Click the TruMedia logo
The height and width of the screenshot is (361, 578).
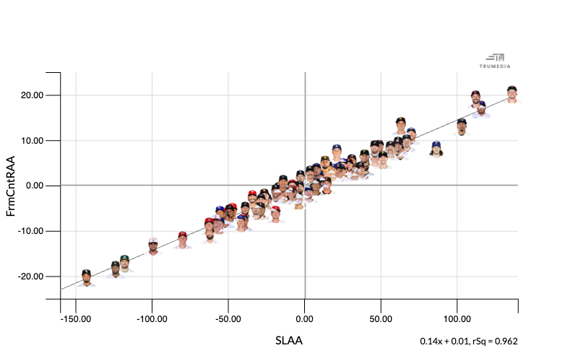[x=495, y=60]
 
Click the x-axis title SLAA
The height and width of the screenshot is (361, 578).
[x=289, y=341]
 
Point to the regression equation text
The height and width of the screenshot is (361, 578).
[x=469, y=342]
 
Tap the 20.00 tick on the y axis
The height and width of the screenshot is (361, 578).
[x=33, y=95]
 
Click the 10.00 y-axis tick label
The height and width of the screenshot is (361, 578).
[x=33, y=141]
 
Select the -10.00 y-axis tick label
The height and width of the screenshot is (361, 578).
[x=32, y=231]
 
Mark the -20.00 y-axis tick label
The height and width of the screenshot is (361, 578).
[x=32, y=277]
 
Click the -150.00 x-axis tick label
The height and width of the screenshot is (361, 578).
[x=75, y=318]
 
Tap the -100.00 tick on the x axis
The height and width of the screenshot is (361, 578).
[x=152, y=318]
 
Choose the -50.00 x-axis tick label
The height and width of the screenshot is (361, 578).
[x=228, y=318]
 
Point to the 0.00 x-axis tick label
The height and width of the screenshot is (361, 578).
[x=305, y=318]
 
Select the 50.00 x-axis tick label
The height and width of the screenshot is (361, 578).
[x=381, y=318]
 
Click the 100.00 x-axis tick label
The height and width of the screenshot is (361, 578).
[x=457, y=318]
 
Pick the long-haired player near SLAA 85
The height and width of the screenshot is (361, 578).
[x=436, y=149]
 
